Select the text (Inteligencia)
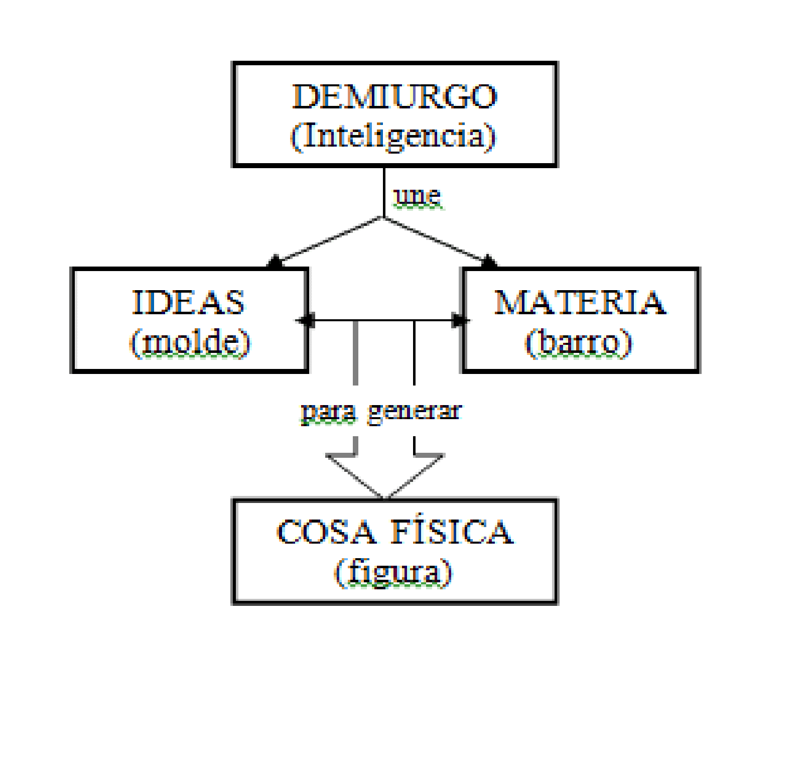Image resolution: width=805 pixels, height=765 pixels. coord(393,136)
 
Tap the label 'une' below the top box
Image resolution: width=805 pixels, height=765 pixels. coord(418,196)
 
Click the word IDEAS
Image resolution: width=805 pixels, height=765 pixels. coord(188,302)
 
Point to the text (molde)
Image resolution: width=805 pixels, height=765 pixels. coord(190,343)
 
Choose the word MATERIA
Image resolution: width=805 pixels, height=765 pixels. coord(580,302)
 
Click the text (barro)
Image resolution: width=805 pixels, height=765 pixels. coord(578,343)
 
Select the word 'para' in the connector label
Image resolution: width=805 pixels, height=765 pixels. coord(329,412)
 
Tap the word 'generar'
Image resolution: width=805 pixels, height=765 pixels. coord(415,412)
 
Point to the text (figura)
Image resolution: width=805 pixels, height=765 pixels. coord(393,572)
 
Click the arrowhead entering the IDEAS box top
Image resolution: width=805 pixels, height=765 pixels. coord(275,262)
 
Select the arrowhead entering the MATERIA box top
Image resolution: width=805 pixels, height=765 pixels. coord(489,262)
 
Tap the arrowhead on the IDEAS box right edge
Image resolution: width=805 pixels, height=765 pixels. coord(306,320)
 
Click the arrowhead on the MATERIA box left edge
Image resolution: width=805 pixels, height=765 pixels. coord(459,320)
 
